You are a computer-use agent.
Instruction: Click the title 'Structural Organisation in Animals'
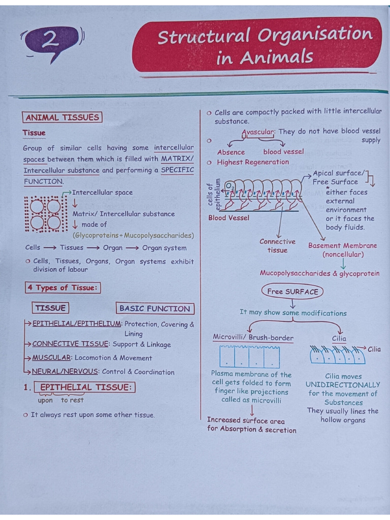point(264,46)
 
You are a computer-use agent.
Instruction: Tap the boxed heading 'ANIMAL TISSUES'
point(62,118)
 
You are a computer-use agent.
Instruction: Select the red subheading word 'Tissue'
point(34,133)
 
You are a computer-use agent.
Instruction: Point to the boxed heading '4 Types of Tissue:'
point(62,288)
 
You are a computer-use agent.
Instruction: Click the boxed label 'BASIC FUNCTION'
point(154,308)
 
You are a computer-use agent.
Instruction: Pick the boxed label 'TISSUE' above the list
point(50,308)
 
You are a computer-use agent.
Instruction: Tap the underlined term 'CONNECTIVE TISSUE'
point(71,344)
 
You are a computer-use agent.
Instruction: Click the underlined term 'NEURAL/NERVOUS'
point(64,372)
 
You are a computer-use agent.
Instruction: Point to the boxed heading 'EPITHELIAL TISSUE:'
point(86,387)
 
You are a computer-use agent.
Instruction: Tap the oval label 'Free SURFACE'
point(292,291)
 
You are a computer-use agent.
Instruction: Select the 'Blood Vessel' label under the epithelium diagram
point(229,218)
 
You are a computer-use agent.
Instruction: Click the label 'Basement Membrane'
point(342,246)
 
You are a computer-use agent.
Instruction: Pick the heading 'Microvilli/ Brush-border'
point(253,338)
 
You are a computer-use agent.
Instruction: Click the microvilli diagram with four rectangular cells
point(249,356)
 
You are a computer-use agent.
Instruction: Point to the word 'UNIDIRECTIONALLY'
point(343,385)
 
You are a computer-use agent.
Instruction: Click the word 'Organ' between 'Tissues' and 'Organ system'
point(113,248)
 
